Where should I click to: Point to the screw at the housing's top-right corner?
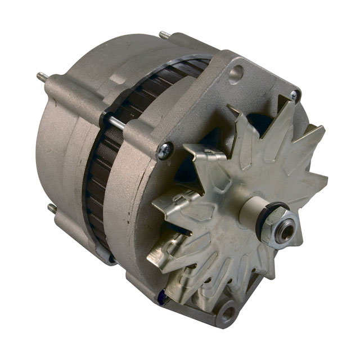pyautogui.click(x=294, y=96)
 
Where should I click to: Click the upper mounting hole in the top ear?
pyautogui.click(x=237, y=73)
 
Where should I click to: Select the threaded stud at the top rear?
pyautogui.click(x=165, y=35)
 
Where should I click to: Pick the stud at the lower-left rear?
pyautogui.click(x=52, y=209)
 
